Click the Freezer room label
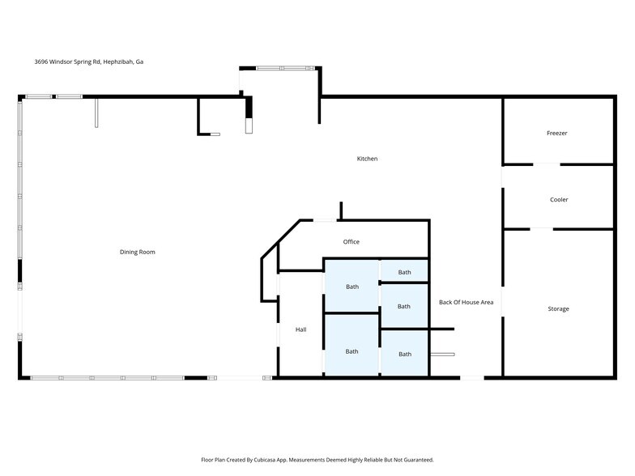pyautogui.click(x=557, y=133)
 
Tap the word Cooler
pyautogui.click(x=559, y=199)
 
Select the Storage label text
pyautogui.click(x=559, y=309)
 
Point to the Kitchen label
pyautogui.click(x=367, y=159)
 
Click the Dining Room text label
pyautogui.click(x=138, y=252)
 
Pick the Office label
pyautogui.click(x=352, y=241)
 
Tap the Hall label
pyautogui.click(x=300, y=329)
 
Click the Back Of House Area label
pyautogui.click(x=467, y=302)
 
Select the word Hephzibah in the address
pyautogui.click(x=117, y=62)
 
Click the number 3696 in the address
pyautogui.click(x=40, y=62)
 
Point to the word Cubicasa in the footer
pyautogui.click(x=264, y=460)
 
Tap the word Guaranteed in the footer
pyautogui.click(x=420, y=460)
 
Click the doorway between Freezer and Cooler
pyautogui.click(x=546, y=164)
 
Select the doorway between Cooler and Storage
pyautogui.click(x=541, y=229)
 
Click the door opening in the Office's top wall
pyautogui.click(x=325, y=220)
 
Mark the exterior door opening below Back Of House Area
pyautogui.click(x=472, y=377)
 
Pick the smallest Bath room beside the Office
pyautogui.click(x=404, y=270)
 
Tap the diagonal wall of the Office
pyautogui.click(x=281, y=239)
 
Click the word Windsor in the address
pyautogui.click(x=62, y=62)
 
